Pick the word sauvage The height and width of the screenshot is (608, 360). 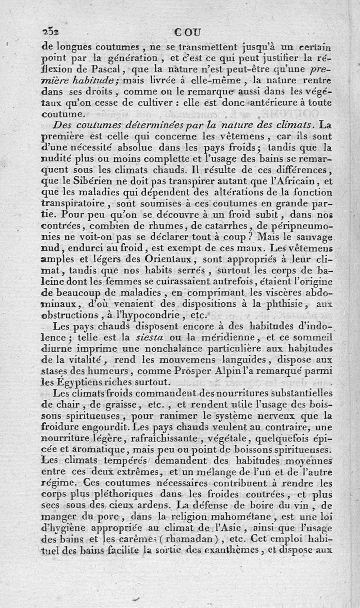click(315, 236)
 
